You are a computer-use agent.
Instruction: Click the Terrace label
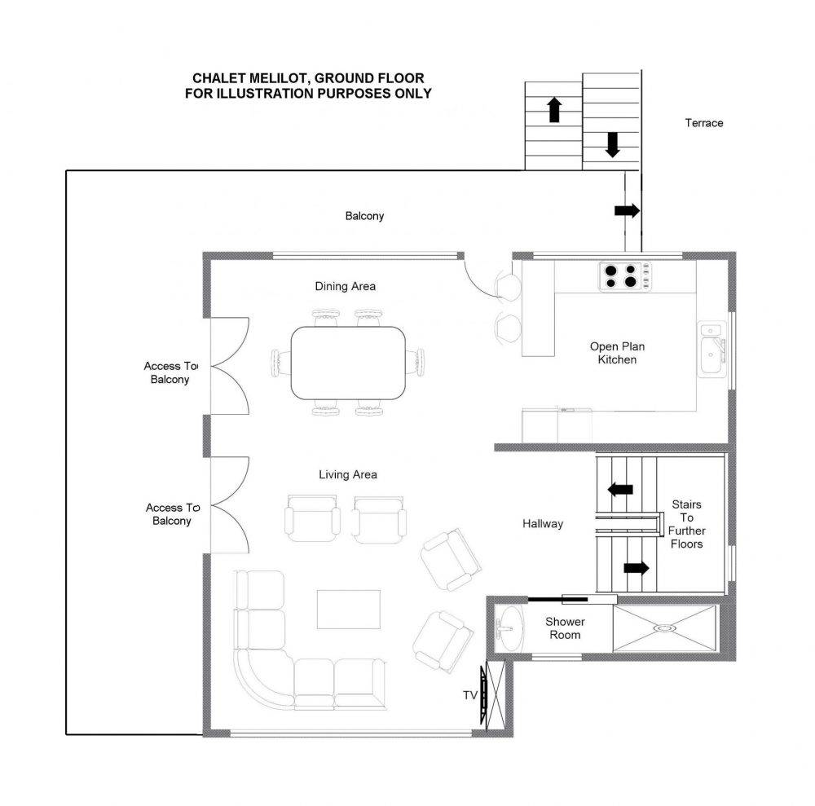[704, 123]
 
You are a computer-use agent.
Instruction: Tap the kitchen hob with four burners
[625, 276]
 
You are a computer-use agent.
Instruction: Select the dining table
[348, 363]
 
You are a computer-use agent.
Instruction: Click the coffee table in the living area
[349, 609]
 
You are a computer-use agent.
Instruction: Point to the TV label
[470, 695]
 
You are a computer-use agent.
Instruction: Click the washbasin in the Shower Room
[509, 628]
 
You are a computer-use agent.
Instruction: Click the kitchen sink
[711, 349]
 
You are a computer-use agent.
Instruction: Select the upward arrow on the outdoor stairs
[554, 110]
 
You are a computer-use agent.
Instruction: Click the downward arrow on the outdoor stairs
[613, 144]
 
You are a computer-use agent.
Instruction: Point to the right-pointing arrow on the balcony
[627, 210]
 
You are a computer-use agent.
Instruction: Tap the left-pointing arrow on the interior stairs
[620, 489]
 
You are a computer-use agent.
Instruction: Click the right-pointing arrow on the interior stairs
[637, 568]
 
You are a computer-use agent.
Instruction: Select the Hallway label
[543, 524]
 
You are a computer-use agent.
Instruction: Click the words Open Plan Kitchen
[617, 353]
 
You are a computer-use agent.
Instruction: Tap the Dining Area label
[345, 286]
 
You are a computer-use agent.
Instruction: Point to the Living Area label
[348, 474]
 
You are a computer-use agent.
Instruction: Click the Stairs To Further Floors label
[686, 524]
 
